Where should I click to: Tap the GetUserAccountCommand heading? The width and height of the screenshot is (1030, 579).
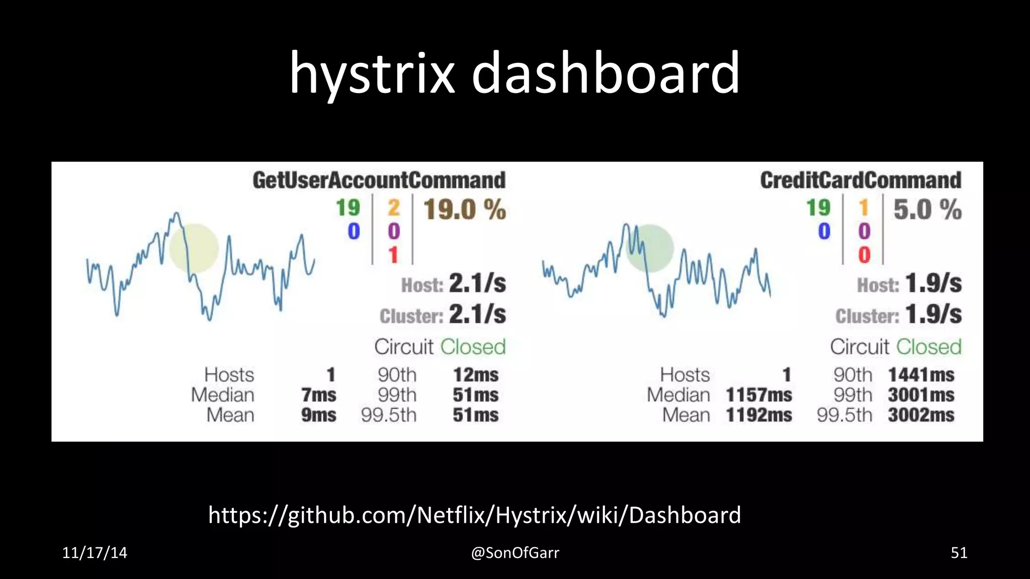coord(379,180)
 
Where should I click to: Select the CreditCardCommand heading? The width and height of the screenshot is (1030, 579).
coord(861,180)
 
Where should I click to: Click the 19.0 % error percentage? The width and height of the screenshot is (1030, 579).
coord(464,210)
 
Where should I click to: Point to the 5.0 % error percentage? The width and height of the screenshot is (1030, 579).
coord(927,210)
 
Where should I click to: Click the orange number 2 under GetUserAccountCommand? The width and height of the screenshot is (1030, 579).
coord(393,208)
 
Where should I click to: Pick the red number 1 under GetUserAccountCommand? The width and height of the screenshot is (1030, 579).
coord(393,255)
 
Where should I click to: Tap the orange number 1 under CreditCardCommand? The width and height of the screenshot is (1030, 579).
coord(864,208)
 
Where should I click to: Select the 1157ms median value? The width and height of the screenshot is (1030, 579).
coord(758,395)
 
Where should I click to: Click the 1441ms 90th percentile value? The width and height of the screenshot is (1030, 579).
coord(921,375)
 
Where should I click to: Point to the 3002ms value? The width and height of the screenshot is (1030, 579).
coord(921,415)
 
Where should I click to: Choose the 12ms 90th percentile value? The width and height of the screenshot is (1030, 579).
coord(475,375)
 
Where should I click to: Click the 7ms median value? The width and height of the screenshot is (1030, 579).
coord(319,395)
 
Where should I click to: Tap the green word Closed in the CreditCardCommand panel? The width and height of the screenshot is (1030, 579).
coord(928,347)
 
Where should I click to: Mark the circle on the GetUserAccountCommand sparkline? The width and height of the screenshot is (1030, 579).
coord(194,248)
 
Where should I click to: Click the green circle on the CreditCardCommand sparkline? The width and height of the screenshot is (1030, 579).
coord(650,248)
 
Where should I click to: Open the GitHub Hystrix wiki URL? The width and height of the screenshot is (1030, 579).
coord(474,515)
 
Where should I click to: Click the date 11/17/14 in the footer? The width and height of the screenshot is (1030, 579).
coord(95,553)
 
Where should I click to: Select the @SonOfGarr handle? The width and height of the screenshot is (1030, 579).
coord(515,553)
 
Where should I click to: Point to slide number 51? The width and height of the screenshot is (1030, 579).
coord(959,553)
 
